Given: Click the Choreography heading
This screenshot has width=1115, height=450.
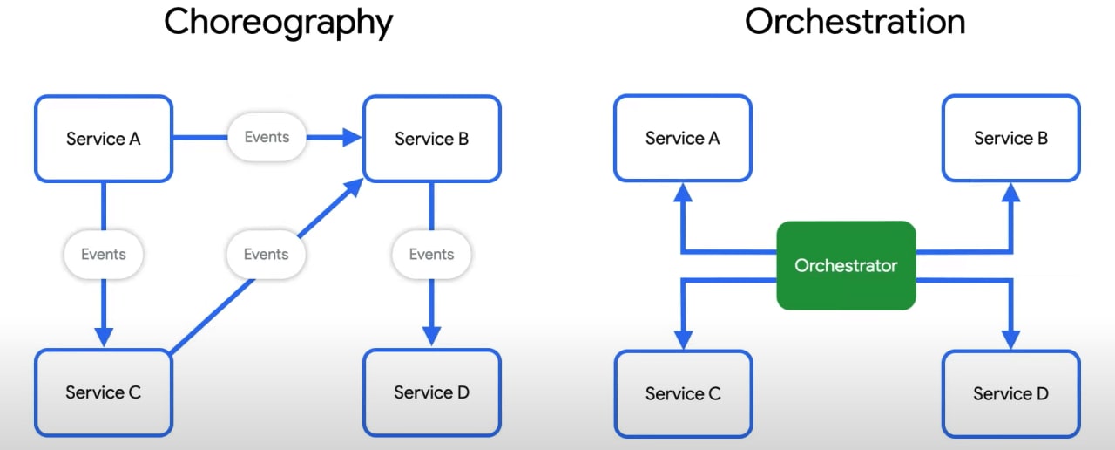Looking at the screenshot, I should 279,23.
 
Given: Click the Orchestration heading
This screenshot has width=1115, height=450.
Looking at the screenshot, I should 855,23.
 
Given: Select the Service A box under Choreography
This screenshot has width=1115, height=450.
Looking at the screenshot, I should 104,139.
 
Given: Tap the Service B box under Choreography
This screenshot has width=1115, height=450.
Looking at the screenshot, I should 431,139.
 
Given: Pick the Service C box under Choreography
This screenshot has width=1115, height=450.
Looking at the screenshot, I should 104,392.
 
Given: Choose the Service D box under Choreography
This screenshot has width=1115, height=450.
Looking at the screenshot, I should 431,392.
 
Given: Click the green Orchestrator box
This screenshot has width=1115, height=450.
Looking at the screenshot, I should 846,265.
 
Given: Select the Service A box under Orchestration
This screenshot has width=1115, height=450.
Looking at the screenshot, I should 683,139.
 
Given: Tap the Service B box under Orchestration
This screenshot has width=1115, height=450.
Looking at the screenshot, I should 1010,139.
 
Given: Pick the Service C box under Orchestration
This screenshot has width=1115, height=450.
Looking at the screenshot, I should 683,393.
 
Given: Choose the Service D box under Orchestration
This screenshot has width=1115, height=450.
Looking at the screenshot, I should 1010,393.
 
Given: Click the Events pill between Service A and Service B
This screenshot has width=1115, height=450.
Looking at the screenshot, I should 267,137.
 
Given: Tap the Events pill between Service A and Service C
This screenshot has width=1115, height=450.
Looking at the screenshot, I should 104,255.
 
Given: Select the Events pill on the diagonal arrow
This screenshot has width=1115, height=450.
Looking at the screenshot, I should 266,255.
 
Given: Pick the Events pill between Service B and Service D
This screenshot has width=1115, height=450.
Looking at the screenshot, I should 431,255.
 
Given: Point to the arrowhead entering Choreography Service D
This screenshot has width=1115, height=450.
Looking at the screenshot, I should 431,337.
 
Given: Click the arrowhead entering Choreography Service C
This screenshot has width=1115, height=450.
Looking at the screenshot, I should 104,337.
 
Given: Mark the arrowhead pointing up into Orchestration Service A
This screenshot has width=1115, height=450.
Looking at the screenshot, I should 683,193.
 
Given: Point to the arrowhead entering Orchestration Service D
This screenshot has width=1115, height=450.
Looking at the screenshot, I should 1010,338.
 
